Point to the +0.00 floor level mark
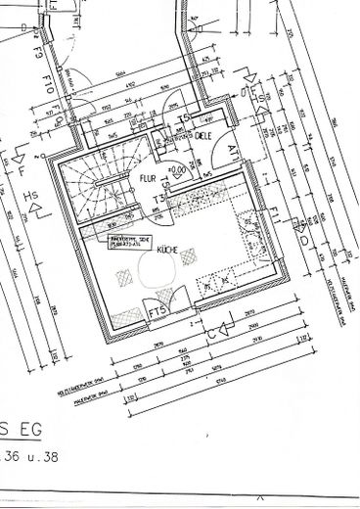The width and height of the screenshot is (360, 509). (x=176, y=170)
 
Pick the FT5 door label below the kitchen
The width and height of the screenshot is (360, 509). (x=157, y=313)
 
